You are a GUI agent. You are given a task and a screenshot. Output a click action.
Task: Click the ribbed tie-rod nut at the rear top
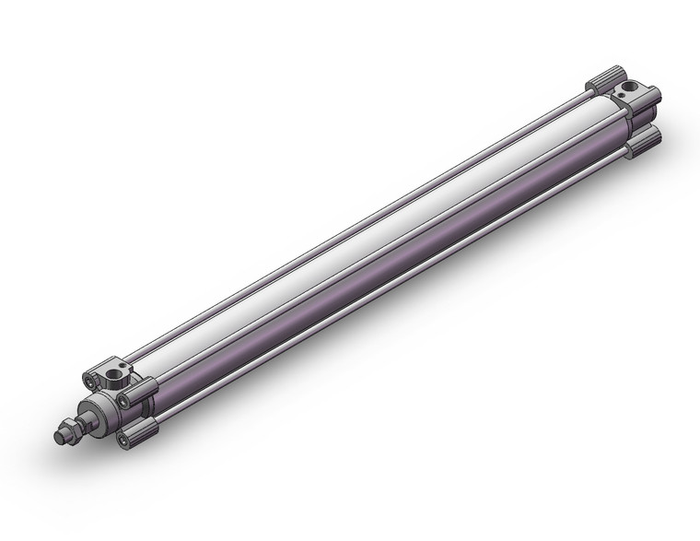pos(607,79)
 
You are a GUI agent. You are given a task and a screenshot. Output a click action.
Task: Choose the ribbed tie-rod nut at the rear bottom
pos(647,139)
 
